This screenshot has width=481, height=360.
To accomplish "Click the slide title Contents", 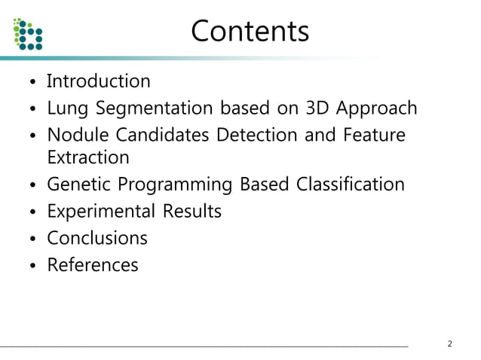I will tap(250, 32).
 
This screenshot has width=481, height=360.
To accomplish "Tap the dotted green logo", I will tap(29, 33).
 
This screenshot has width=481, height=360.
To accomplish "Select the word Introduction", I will tap(99, 81).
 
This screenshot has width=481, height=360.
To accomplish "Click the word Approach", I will tap(376, 108).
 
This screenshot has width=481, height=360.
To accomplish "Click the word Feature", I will tap(375, 136).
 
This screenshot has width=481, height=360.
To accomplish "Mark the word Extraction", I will tap(88, 158).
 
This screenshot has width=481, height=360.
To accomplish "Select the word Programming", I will tap(176, 185).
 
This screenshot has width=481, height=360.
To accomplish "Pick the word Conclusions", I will tap(97, 239).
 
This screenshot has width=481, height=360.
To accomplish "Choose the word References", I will tap(93, 265).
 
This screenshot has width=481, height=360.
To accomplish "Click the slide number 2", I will tap(450, 345).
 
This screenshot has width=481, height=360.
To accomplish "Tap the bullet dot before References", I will tap(32, 267).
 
